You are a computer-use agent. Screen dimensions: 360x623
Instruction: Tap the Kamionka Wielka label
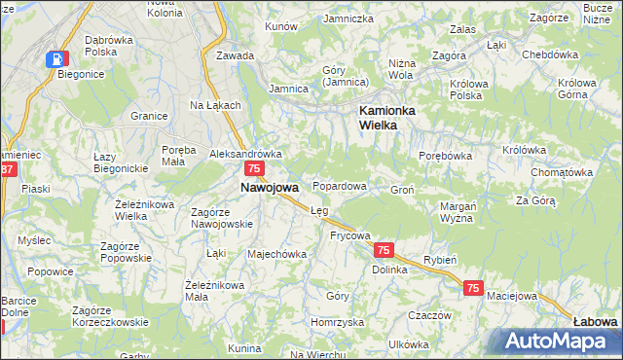point(386,118)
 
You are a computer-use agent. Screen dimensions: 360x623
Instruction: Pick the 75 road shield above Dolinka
point(384,250)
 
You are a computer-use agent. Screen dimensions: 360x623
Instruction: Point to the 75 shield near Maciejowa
point(473,288)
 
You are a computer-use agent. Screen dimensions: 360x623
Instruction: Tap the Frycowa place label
point(350,235)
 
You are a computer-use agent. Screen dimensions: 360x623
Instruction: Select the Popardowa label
point(339,186)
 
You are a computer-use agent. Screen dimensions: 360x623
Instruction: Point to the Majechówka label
point(277,254)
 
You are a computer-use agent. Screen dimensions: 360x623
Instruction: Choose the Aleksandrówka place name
point(245,154)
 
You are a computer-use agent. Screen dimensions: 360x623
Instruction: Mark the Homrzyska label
point(337,321)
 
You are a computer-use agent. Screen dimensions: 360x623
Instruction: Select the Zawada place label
point(236,55)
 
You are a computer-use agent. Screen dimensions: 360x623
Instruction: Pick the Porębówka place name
point(445,155)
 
